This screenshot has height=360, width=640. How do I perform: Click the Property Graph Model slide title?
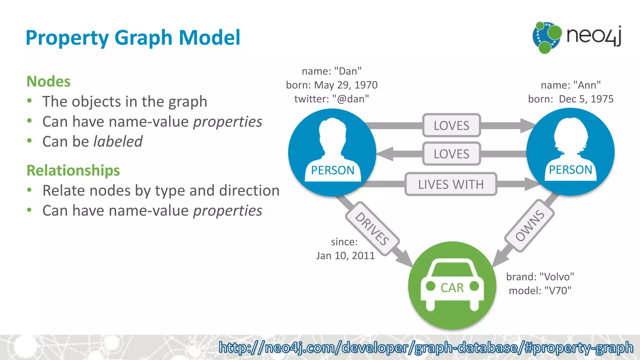133,38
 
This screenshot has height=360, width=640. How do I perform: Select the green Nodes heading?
48,81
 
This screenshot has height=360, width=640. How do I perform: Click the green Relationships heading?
73,170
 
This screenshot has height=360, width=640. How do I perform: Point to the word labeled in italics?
118,142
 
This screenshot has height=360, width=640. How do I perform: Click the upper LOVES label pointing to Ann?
451,125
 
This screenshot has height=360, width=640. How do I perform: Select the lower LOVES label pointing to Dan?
451,154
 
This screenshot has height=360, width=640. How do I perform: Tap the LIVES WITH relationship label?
451,184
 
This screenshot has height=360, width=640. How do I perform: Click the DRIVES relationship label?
372,228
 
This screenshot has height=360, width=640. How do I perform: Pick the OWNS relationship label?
529,226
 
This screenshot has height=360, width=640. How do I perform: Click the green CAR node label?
452,288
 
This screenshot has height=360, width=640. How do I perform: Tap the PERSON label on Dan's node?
332,170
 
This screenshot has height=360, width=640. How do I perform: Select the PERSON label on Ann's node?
570,170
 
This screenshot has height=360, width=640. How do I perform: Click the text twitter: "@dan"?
332,99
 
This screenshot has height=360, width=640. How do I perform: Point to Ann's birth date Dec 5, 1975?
586,99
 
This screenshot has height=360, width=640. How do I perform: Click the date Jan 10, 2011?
345,256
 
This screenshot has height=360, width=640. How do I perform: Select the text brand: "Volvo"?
540,277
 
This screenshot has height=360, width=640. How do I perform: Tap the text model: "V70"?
540,291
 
